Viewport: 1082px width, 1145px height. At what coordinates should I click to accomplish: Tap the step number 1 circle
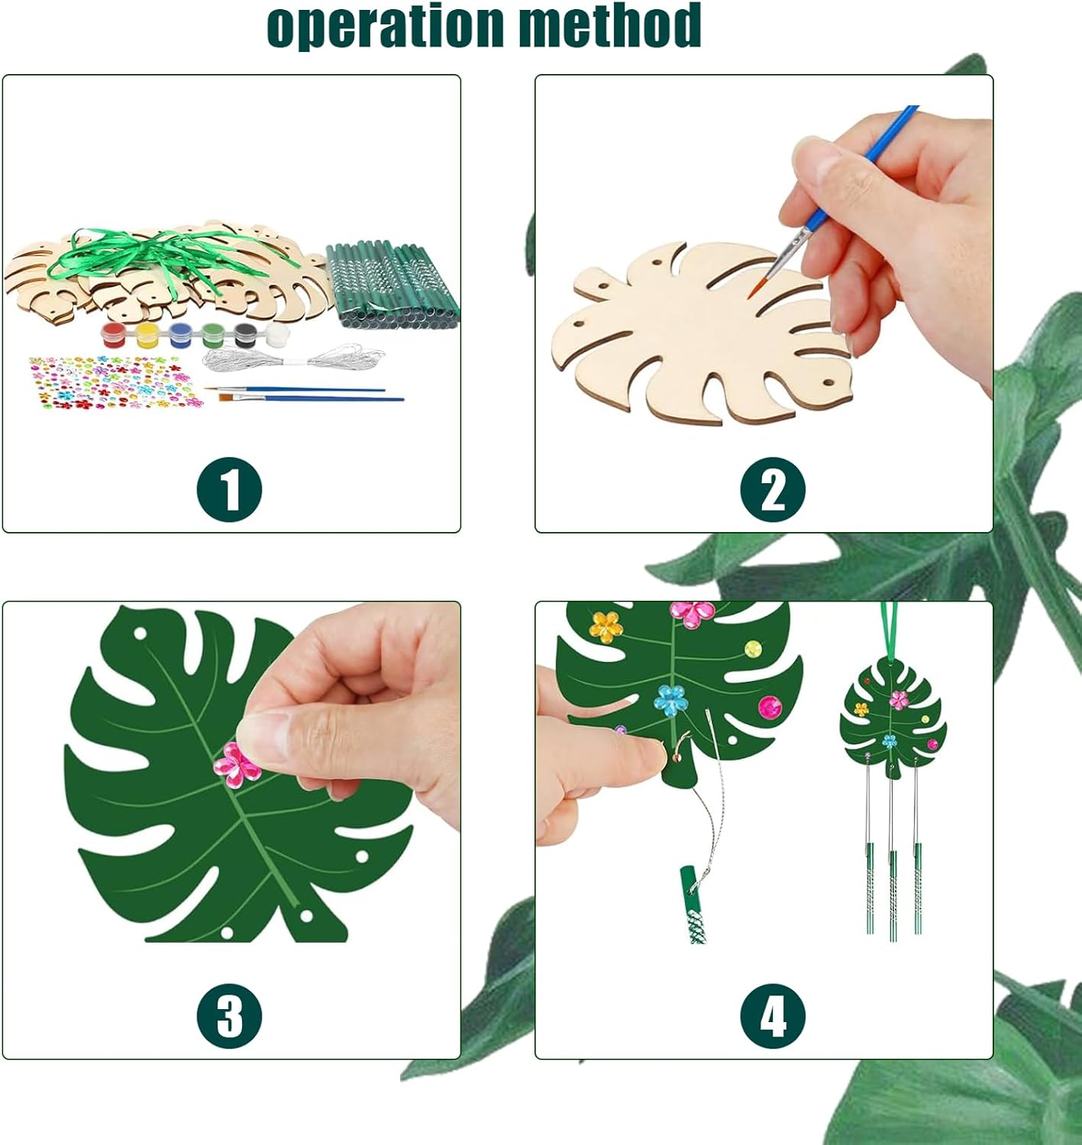pyautogui.click(x=230, y=490)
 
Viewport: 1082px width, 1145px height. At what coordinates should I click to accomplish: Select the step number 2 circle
pyautogui.click(x=773, y=490)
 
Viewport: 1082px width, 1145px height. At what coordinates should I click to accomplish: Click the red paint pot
pyautogui.click(x=113, y=335)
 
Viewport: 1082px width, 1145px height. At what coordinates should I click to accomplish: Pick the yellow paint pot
pyautogui.click(x=147, y=335)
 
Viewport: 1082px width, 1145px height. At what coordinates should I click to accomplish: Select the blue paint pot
pyautogui.click(x=180, y=335)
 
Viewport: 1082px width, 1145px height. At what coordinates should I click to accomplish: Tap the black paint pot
pyautogui.click(x=245, y=335)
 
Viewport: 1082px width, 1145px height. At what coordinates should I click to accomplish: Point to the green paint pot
pyautogui.click(x=213, y=335)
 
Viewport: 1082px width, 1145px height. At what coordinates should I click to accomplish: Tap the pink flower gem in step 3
pyautogui.click(x=237, y=766)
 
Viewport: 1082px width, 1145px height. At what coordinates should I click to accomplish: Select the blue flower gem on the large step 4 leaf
pyautogui.click(x=670, y=701)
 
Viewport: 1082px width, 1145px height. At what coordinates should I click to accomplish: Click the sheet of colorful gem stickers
pyautogui.click(x=116, y=382)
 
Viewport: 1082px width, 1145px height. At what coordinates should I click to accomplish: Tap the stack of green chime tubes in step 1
pyautogui.click(x=392, y=285)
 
